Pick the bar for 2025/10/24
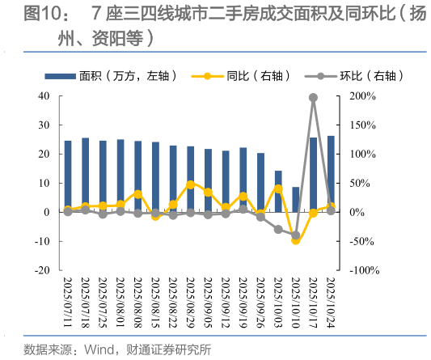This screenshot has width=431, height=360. click(x=330, y=173)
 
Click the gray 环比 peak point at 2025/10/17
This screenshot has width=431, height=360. click(x=313, y=98)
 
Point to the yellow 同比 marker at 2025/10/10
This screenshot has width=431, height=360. click(x=295, y=240)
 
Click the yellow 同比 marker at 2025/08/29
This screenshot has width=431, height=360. click(x=190, y=184)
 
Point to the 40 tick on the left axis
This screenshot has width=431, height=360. click(x=45, y=96)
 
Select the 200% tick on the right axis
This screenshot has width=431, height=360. click(x=361, y=96)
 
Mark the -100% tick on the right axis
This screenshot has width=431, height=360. click(x=362, y=270)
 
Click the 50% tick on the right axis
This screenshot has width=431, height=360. click(x=358, y=183)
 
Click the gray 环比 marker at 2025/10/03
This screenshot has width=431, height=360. click(x=278, y=229)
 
